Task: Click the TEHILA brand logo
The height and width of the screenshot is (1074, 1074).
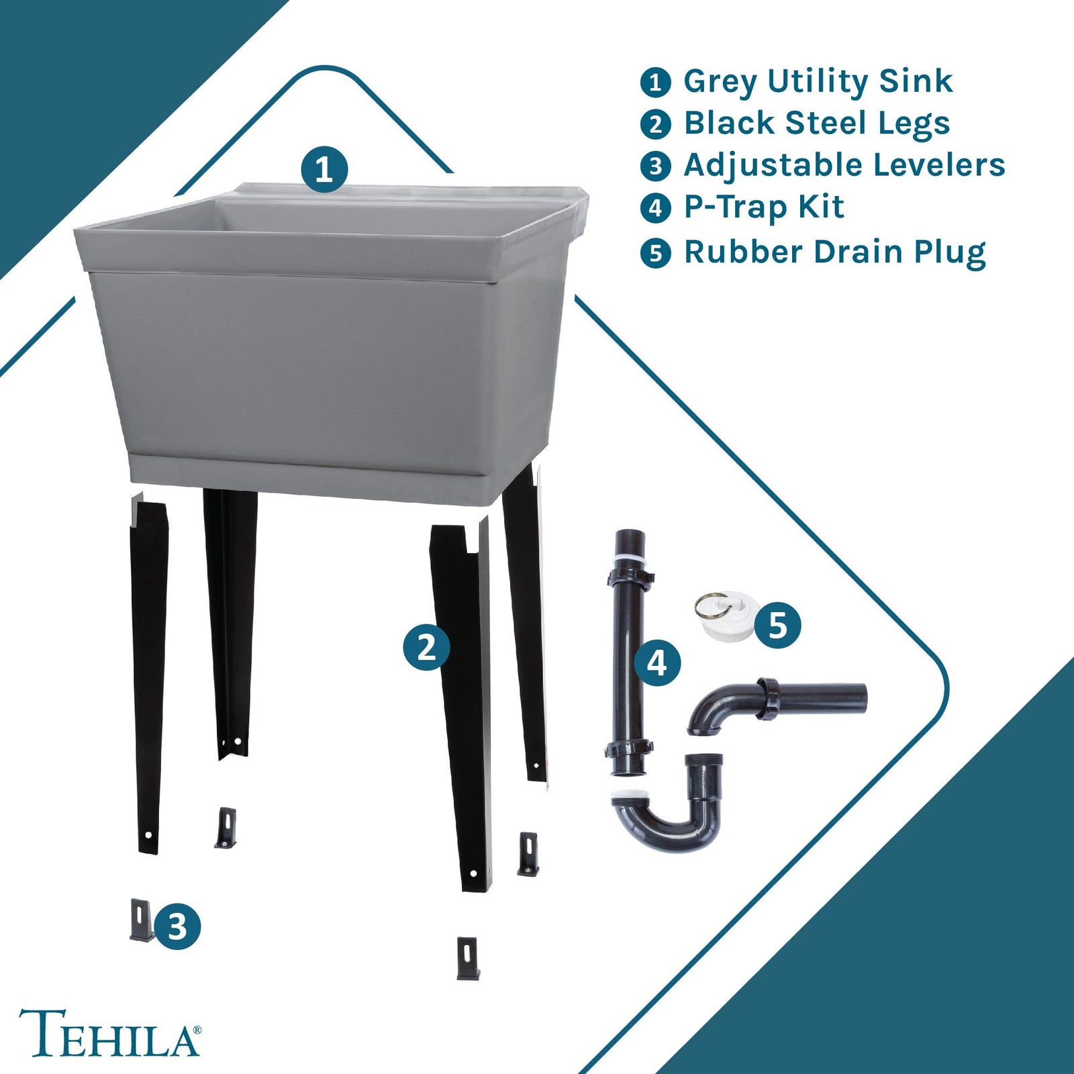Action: pyautogui.click(x=109, y=1032)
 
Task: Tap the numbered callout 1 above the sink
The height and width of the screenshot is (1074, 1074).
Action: pyautogui.click(x=324, y=169)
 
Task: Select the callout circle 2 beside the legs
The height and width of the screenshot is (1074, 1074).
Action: pyautogui.click(x=426, y=647)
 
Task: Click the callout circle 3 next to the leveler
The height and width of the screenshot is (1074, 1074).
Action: pyautogui.click(x=177, y=927)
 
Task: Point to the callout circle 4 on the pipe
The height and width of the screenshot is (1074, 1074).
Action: pyautogui.click(x=657, y=663)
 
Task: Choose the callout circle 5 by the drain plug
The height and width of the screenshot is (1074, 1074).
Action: pyautogui.click(x=777, y=625)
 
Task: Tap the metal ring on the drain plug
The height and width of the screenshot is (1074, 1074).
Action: pyautogui.click(x=707, y=605)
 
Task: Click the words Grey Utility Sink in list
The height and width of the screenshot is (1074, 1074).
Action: pyautogui.click(x=817, y=81)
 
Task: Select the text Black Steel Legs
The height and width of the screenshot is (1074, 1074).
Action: pyautogui.click(x=816, y=124)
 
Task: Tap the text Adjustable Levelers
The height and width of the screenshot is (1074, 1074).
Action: pyautogui.click(x=844, y=165)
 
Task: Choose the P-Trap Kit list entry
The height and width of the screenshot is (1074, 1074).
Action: pyautogui.click(x=763, y=207)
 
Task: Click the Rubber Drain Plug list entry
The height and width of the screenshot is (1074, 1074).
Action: pyautogui.click(x=834, y=252)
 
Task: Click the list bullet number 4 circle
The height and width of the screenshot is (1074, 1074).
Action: pyautogui.click(x=655, y=208)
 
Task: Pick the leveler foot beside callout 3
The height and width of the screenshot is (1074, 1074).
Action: pyautogui.click(x=142, y=920)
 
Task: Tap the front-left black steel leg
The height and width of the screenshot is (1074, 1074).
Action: pyautogui.click(x=149, y=671)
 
